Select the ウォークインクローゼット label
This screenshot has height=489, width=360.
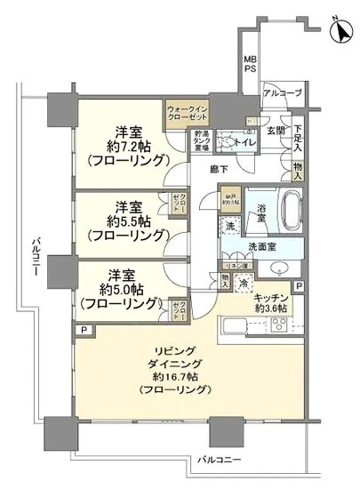point(186,114)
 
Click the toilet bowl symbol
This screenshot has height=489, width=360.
point(228,142)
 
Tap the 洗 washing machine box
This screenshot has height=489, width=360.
point(229,226)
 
